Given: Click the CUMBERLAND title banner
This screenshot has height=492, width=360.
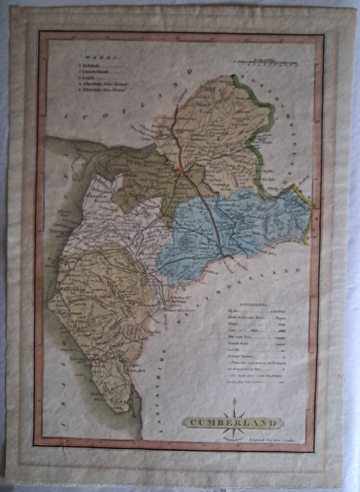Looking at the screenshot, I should (x=233, y=423).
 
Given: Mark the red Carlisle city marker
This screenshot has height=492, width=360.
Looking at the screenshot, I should (x=181, y=170).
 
